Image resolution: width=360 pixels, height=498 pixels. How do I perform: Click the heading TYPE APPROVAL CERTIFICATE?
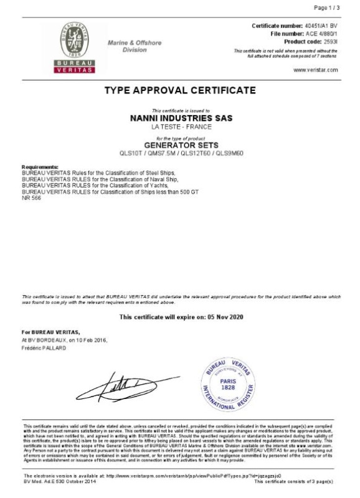click(180, 90)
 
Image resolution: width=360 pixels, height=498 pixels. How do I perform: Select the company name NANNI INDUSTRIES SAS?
click(180, 118)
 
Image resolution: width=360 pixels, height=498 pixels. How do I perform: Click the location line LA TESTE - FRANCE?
click(180, 126)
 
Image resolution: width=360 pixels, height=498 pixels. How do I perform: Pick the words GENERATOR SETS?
click(180, 144)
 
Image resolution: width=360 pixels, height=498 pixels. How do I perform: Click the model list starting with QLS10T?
click(180, 153)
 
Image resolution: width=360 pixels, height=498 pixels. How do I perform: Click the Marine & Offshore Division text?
click(135, 45)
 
